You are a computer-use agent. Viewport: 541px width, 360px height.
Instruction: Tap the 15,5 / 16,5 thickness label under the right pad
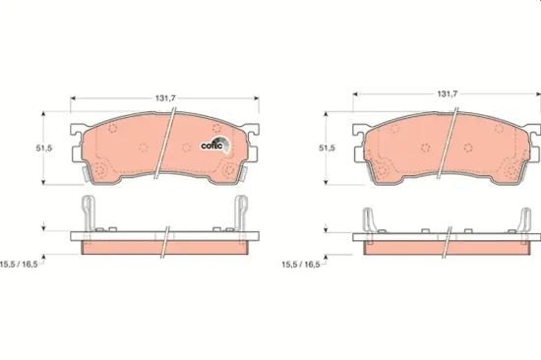[x=302, y=265]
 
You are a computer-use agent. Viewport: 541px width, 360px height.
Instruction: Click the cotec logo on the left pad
[x=214, y=146]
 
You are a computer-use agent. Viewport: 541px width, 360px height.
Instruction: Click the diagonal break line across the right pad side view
[x=450, y=239]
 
